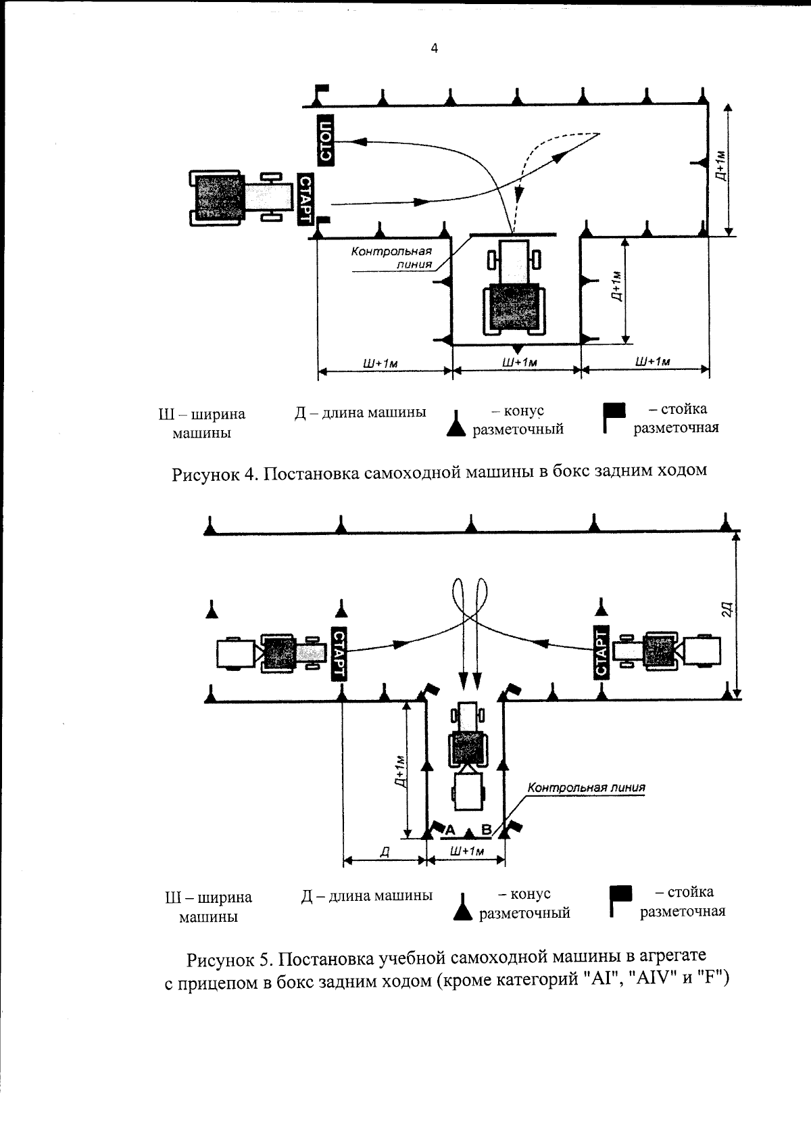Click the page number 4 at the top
pos(434,48)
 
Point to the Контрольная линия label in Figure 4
pos(391,257)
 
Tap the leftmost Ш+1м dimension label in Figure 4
pos(380,362)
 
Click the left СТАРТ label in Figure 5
pos(339,653)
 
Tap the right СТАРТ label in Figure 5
pos(601,652)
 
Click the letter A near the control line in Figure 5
pos(451,829)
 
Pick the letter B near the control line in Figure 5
pos(485,829)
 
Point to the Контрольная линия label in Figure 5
pos(586,787)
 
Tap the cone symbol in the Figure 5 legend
pos(462,907)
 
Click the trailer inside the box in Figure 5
pos(469,792)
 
